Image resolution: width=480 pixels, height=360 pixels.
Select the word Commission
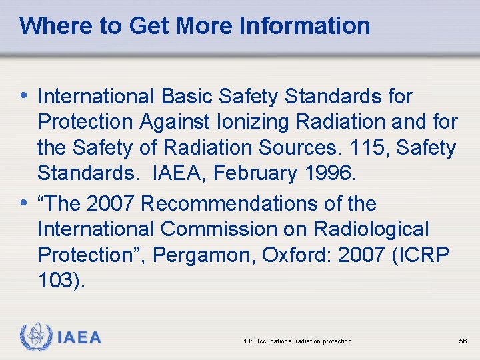pos(231,229)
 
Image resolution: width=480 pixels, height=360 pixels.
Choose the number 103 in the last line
pos(59,281)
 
